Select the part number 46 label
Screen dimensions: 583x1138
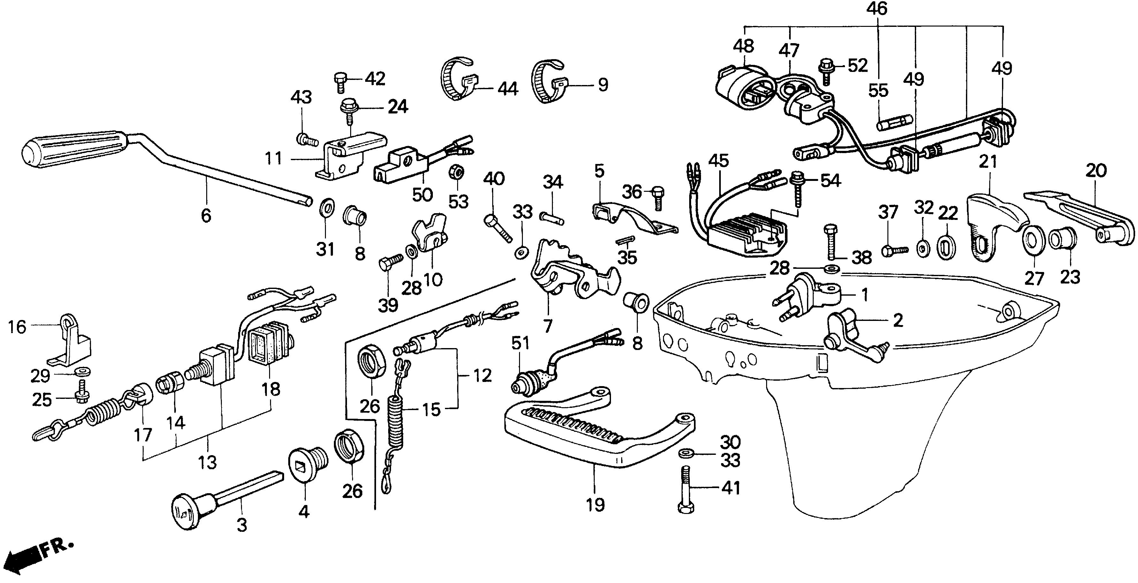(x=877, y=9)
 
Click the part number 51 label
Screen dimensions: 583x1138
(x=520, y=344)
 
